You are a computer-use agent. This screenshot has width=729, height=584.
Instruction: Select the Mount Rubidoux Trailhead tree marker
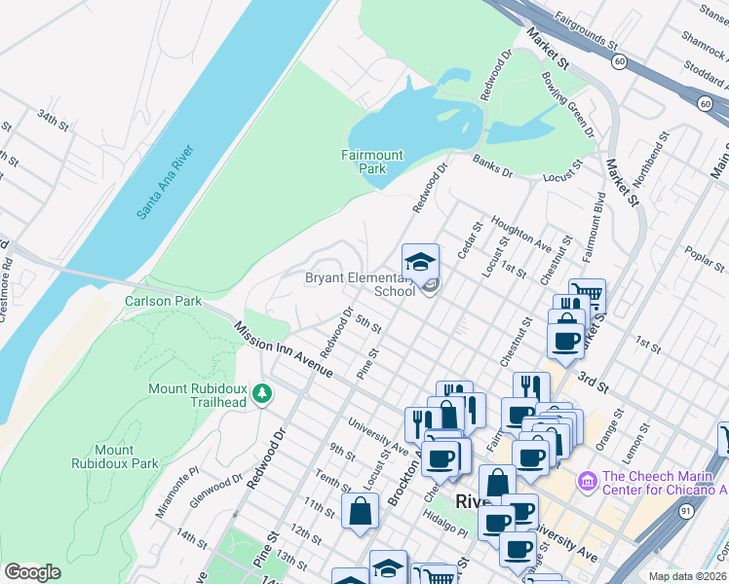(262, 393)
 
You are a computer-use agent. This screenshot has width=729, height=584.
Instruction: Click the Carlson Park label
(163, 301)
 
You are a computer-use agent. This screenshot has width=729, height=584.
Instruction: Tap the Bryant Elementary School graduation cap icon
(421, 262)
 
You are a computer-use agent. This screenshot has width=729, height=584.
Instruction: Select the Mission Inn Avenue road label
(285, 347)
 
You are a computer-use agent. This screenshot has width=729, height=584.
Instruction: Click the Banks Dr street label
(492, 164)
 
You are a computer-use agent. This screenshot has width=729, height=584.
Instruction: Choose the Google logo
(32, 572)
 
